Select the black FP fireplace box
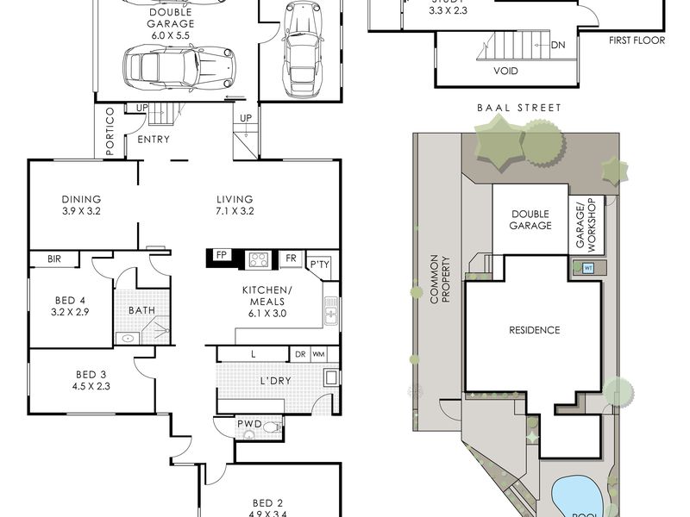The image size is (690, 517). click(x=221, y=257)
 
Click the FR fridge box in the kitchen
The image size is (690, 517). click(x=291, y=258)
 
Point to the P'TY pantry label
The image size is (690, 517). click(x=319, y=264)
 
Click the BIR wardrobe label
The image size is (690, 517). click(x=53, y=258)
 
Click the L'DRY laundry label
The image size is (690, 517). click(x=274, y=380)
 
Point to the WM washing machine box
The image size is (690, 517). click(x=318, y=354)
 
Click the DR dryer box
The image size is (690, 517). click(x=300, y=354)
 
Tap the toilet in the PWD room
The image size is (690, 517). click(x=271, y=427)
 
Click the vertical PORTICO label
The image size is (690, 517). click(x=110, y=132)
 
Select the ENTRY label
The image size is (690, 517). click(x=153, y=140)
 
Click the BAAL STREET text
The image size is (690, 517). click(x=517, y=108)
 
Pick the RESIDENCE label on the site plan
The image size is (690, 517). click(x=534, y=330)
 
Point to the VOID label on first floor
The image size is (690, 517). click(x=505, y=71)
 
